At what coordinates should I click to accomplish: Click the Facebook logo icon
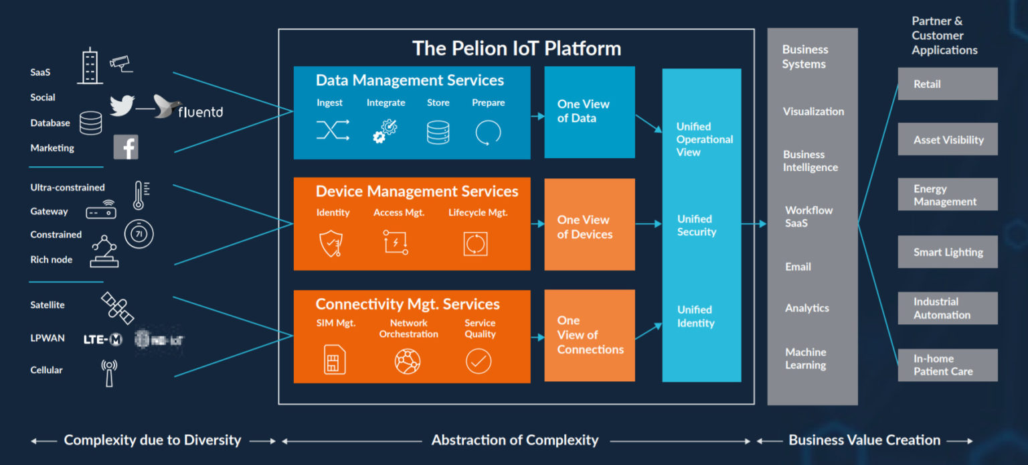tap(126, 147)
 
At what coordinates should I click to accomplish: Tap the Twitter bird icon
tap(122, 105)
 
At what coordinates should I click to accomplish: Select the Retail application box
tap(947, 84)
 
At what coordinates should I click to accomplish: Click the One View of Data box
tap(589, 112)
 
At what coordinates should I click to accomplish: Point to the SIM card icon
tap(332, 361)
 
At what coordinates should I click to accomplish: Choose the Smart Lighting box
tap(947, 253)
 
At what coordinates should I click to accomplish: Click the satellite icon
tap(117, 308)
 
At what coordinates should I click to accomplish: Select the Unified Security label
tap(697, 225)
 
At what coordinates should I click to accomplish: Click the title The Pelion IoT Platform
tap(516, 48)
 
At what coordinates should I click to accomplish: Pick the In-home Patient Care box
tap(947, 365)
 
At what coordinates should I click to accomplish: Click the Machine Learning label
tap(806, 358)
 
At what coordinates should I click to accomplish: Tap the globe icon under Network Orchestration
tap(408, 362)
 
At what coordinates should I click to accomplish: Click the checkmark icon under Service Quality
tap(479, 362)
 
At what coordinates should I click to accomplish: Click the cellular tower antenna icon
tap(109, 373)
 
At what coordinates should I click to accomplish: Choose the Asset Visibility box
tap(947, 139)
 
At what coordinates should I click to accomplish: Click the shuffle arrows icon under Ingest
tap(333, 130)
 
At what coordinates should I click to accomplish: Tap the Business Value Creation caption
tap(864, 440)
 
